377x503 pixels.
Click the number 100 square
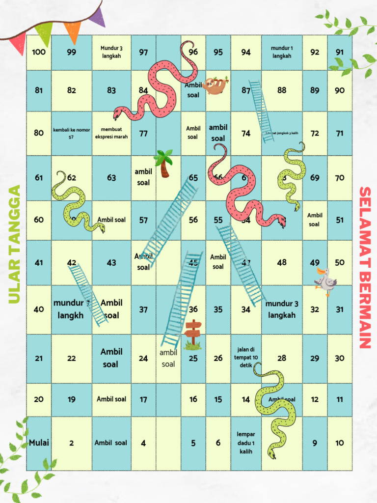coord(39,52)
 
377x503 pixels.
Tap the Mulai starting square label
coord(39,443)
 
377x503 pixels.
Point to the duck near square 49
coord(325,281)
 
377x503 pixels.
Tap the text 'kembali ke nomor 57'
coord(71,133)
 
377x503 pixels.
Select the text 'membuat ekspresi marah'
coord(111,133)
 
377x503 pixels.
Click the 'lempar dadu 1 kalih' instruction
coord(246,443)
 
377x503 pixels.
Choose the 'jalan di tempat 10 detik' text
coord(246,358)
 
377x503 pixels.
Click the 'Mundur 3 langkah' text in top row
coord(111,52)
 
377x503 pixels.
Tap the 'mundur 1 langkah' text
coord(282,52)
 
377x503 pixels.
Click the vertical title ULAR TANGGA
coord(15,244)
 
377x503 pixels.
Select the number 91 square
coord(340,52)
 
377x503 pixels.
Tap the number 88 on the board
coord(282,90)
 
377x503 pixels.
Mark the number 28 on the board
coord(282,358)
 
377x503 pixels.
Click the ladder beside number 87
coord(261,111)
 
